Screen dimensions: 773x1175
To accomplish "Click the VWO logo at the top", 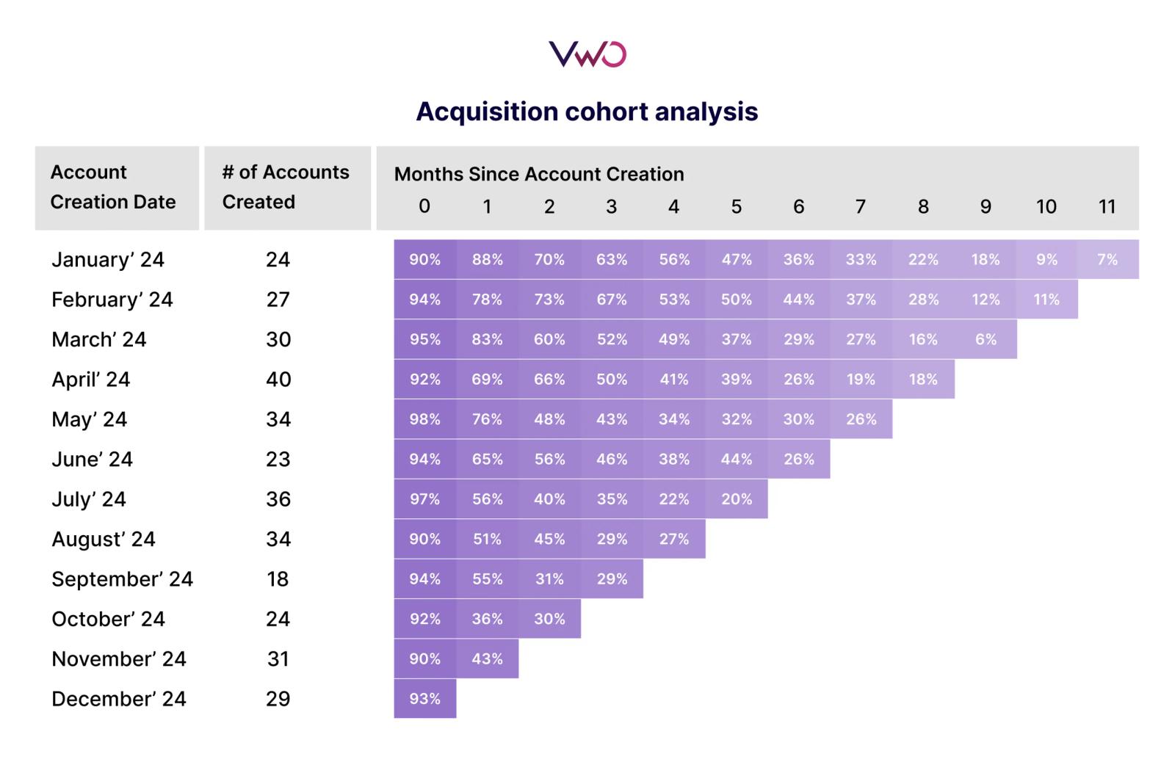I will (587, 54).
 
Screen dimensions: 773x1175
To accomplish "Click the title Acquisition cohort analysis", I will (587, 112).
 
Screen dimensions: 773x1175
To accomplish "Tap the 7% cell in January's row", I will (1107, 259).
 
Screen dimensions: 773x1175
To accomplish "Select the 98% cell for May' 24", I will (424, 419).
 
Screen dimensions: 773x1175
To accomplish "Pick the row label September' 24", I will (122, 579).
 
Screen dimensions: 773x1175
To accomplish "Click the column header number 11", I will (1107, 206).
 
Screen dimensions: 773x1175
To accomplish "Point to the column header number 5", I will (736, 206).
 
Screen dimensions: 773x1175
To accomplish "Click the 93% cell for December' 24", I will (424, 699).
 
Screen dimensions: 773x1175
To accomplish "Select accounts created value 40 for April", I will (278, 380).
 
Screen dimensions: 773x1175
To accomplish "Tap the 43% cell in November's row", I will (487, 658).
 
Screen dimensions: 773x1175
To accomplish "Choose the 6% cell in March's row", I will (986, 339).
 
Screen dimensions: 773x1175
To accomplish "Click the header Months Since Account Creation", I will (539, 174).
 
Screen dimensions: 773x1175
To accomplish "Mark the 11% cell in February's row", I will (1046, 300).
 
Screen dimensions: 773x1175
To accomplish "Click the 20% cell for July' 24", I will (736, 499).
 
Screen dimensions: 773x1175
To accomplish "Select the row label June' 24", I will (92, 460).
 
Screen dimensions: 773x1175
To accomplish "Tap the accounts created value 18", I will (278, 579).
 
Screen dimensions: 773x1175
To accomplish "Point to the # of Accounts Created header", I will (286, 187).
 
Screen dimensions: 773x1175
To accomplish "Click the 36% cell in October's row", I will (487, 619).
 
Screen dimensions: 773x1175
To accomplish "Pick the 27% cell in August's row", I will (673, 539).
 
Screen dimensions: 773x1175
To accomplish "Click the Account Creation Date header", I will (113, 187).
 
